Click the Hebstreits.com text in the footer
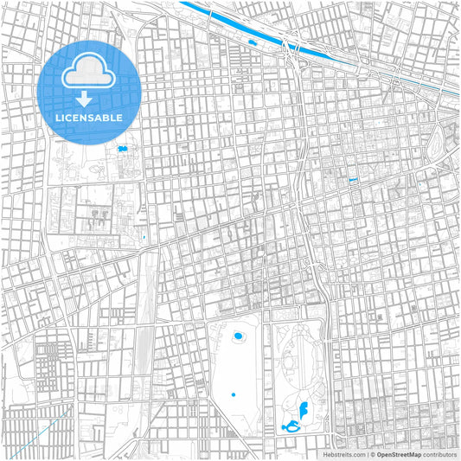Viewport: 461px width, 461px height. coord(344,454)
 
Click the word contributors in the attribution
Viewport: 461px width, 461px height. coord(439,454)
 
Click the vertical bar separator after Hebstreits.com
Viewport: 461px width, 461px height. coord(366,454)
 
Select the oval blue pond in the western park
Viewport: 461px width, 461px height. coord(238,334)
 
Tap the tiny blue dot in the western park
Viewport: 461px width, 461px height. coord(234,395)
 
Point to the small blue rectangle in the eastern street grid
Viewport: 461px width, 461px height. coord(353,180)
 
